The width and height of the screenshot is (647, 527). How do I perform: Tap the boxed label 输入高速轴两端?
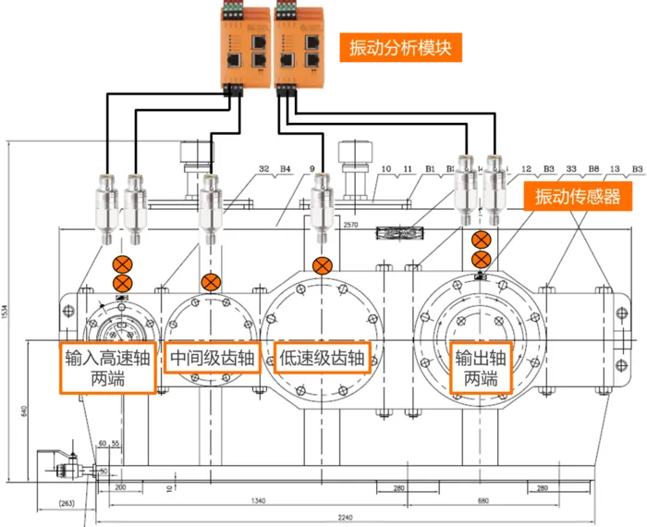[x=107, y=368]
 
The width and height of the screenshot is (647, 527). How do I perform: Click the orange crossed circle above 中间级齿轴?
[x=211, y=283]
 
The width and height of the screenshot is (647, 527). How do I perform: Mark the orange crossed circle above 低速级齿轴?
[x=322, y=266]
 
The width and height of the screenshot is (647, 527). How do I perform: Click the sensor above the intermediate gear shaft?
[x=211, y=205]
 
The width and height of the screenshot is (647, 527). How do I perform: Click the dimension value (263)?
[x=66, y=504]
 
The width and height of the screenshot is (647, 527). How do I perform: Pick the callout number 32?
[x=264, y=170]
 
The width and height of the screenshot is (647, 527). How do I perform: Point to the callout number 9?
[x=311, y=170]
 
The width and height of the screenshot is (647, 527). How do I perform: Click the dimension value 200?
[x=119, y=486]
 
